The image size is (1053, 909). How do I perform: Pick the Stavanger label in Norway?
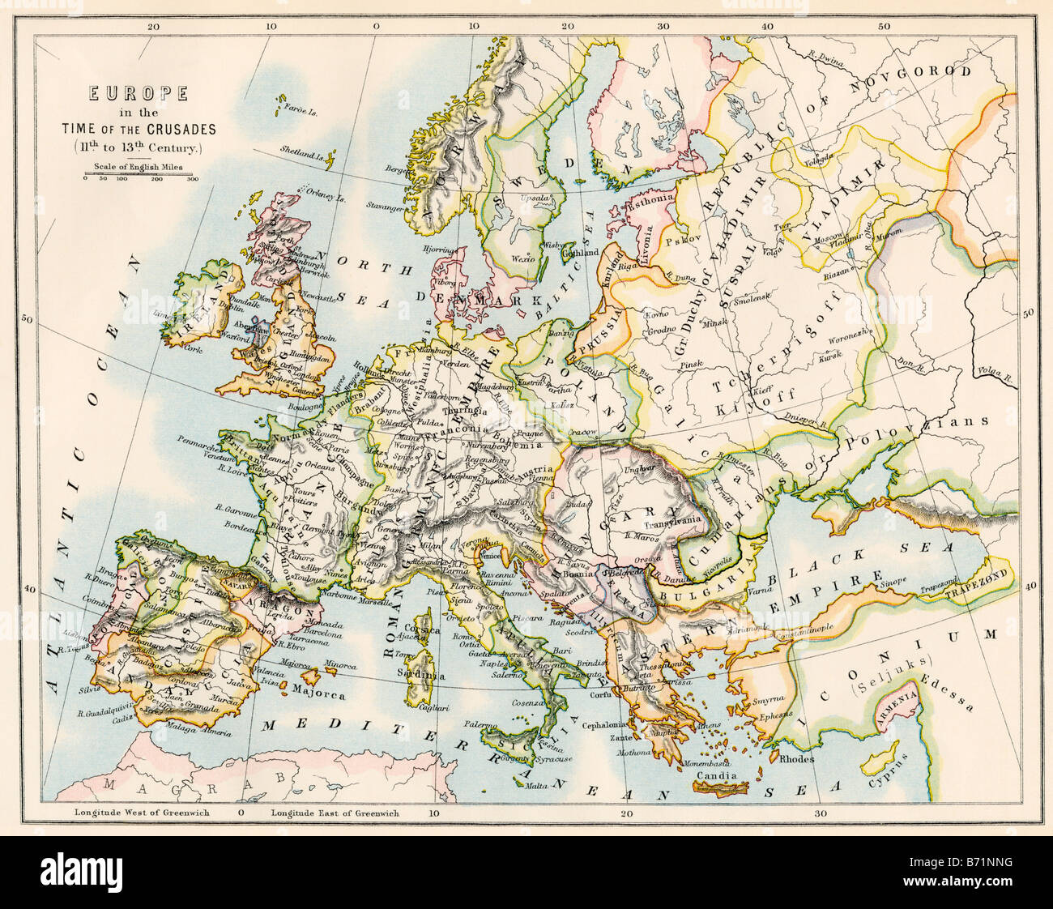pyautogui.click(x=386, y=208)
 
